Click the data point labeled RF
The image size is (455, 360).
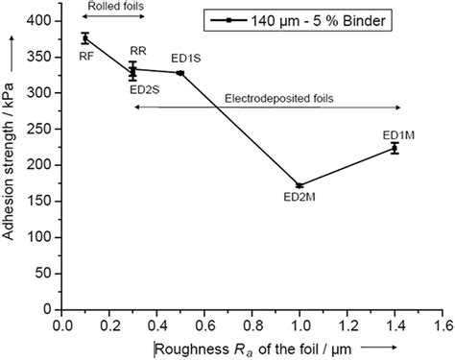tap(85, 38)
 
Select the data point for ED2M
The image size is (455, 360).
tap(299, 185)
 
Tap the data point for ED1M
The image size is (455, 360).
tap(395, 148)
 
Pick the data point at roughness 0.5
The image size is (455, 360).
tap(180, 73)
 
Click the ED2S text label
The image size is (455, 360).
tap(145, 89)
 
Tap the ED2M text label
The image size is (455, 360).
tap(300, 199)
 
